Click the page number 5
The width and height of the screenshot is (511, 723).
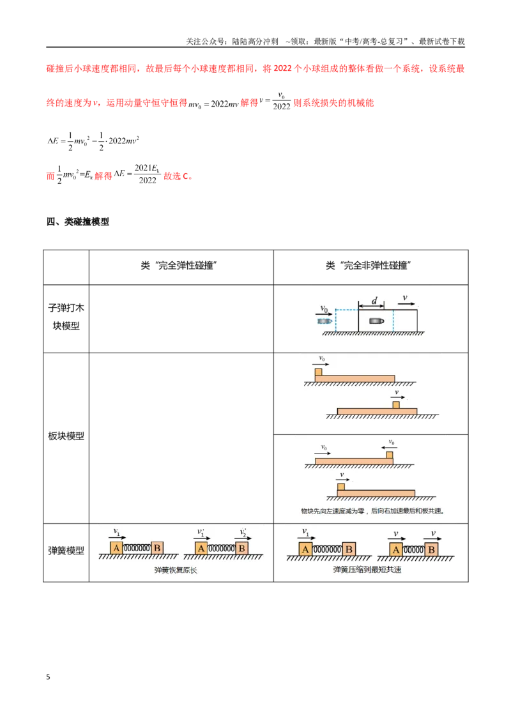click(x=48, y=677)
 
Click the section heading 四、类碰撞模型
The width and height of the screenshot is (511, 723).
click(x=77, y=222)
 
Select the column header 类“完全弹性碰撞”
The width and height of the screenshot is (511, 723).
click(x=179, y=266)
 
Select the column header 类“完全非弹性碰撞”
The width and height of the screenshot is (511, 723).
click(x=369, y=266)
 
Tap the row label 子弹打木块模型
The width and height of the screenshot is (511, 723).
click(x=66, y=317)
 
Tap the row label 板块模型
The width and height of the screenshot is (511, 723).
click(x=66, y=436)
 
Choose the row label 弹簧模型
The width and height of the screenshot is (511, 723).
click(x=66, y=551)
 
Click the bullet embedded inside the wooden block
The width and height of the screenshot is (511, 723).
click(x=376, y=321)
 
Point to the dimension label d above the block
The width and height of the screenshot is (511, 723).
click(x=374, y=301)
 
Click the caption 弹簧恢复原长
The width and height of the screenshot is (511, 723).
click(x=176, y=570)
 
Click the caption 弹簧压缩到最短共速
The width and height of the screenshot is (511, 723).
click(x=367, y=570)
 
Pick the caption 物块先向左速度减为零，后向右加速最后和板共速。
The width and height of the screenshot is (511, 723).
click(x=372, y=511)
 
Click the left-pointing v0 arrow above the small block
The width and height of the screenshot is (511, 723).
click(x=389, y=448)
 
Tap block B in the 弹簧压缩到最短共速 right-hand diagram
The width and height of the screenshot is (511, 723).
click(x=432, y=550)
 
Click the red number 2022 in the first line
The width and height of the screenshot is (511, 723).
click(x=283, y=69)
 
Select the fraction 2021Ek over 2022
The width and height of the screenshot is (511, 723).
click(x=147, y=174)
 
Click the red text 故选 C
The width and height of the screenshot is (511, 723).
click(x=178, y=176)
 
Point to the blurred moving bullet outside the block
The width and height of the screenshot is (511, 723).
click(x=325, y=321)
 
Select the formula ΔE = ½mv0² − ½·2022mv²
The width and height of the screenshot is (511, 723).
click(x=93, y=142)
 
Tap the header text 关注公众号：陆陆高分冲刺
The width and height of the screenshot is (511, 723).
click(x=232, y=42)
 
